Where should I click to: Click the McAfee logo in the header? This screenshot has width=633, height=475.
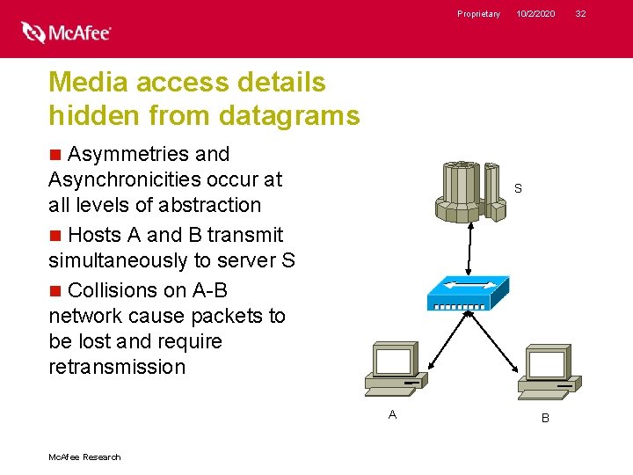(67, 33)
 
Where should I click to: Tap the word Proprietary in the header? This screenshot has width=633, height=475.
(478, 14)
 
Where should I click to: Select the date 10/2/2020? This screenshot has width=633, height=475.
(535, 14)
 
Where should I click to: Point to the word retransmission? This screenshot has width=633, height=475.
(117, 367)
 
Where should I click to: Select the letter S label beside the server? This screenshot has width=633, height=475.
(518, 189)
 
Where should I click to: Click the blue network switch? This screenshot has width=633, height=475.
(468, 294)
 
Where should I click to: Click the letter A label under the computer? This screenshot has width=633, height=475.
(392, 414)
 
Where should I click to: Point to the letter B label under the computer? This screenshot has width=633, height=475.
(545, 419)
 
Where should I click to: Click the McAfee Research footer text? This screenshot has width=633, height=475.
(84, 457)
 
